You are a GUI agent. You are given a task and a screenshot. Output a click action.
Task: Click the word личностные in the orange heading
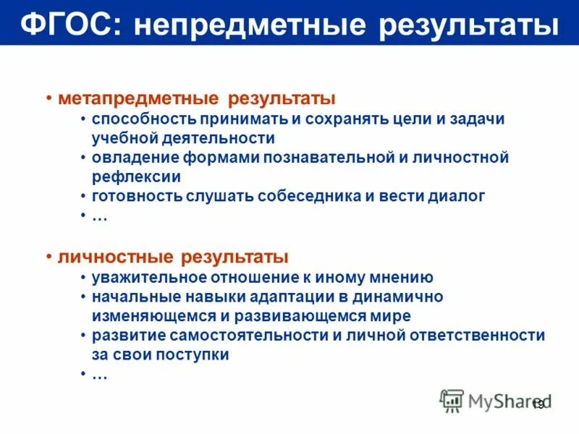[116, 257]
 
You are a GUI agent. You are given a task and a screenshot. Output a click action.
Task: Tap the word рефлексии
[136, 176]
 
